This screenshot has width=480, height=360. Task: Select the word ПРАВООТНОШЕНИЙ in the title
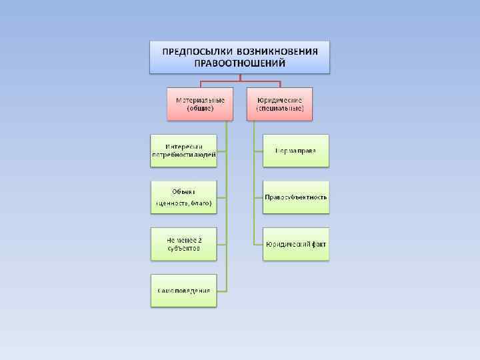click(x=239, y=63)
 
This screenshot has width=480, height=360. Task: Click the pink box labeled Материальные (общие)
click(x=200, y=103)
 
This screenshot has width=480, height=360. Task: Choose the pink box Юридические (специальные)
click(x=280, y=103)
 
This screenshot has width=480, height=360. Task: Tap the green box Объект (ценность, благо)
click(x=183, y=197)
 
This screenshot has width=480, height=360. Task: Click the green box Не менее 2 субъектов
click(x=183, y=243)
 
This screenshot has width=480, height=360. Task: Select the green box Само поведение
click(x=183, y=290)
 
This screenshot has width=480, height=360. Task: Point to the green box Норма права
click(x=295, y=151)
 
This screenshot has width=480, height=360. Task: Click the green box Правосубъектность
click(x=295, y=197)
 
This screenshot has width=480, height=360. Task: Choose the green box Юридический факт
click(x=295, y=244)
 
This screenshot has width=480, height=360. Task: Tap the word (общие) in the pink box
click(x=200, y=108)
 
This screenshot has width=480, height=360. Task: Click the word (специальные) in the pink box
click(x=280, y=108)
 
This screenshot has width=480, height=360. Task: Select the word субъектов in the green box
click(x=183, y=248)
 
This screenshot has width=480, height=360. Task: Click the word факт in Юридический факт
click(x=318, y=244)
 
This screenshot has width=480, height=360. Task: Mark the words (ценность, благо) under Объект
click(x=183, y=203)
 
